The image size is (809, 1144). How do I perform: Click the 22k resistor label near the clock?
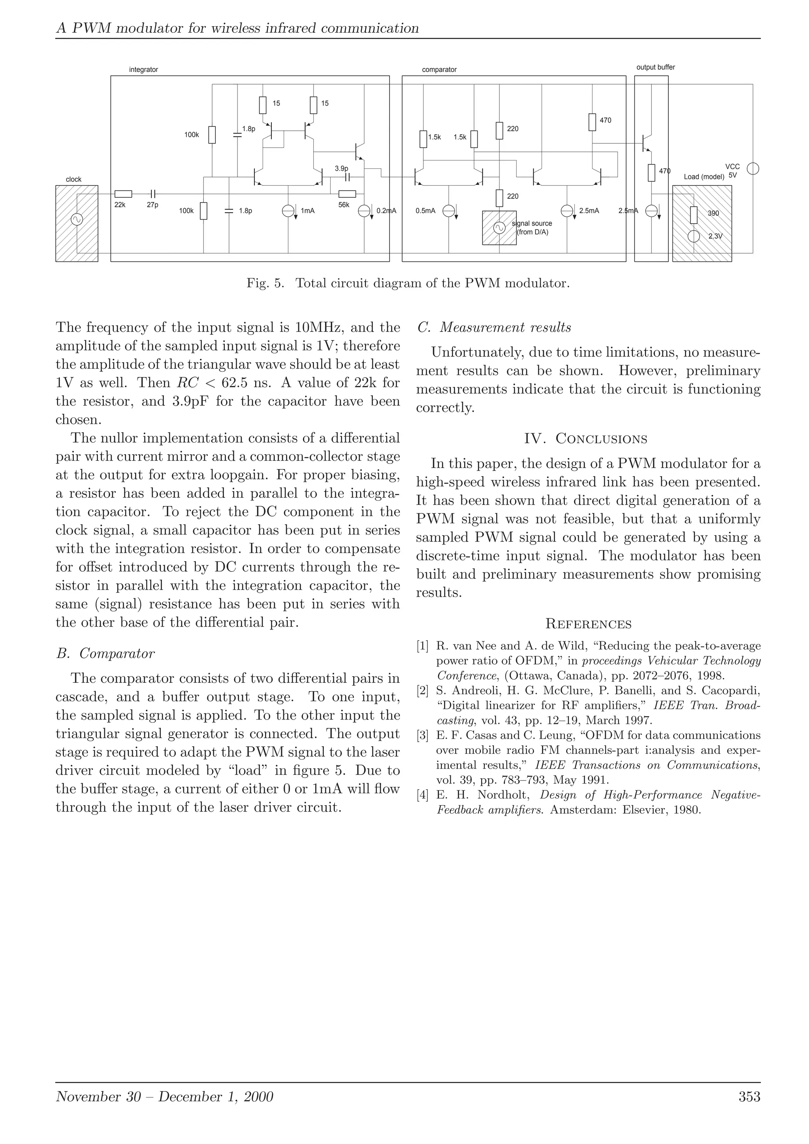click(x=120, y=205)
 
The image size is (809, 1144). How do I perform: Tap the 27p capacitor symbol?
click(x=153, y=194)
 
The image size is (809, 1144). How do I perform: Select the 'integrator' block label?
click(x=143, y=70)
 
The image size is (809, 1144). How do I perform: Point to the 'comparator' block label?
click(x=439, y=70)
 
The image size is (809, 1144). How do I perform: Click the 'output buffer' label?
click(x=656, y=67)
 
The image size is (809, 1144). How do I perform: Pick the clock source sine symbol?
click(x=77, y=219)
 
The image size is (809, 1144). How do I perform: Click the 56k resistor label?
click(x=344, y=205)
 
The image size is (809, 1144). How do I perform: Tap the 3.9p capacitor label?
click(x=342, y=169)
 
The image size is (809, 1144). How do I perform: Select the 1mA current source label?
click(x=307, y=211)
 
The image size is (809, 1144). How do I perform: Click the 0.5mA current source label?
click(x=425, y=211)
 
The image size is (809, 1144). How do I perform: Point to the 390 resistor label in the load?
click(x=713, y=213)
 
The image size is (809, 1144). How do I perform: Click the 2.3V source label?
click(x=715, y=236)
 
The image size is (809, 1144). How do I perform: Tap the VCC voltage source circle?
click(x=753, y=169)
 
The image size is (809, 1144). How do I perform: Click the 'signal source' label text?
click(x=532, y=224)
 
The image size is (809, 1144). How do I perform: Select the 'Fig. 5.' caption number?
click(x=265, y=283)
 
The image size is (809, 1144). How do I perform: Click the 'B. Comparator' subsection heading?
click(x=105, y=653)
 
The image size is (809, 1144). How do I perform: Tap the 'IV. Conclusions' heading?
click(x=586, y=439)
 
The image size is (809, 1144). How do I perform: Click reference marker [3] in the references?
click(x=422, y=735)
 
